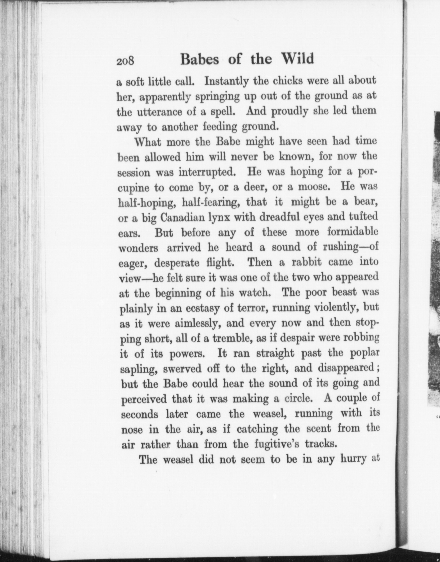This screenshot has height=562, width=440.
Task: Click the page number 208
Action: [125, 61]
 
